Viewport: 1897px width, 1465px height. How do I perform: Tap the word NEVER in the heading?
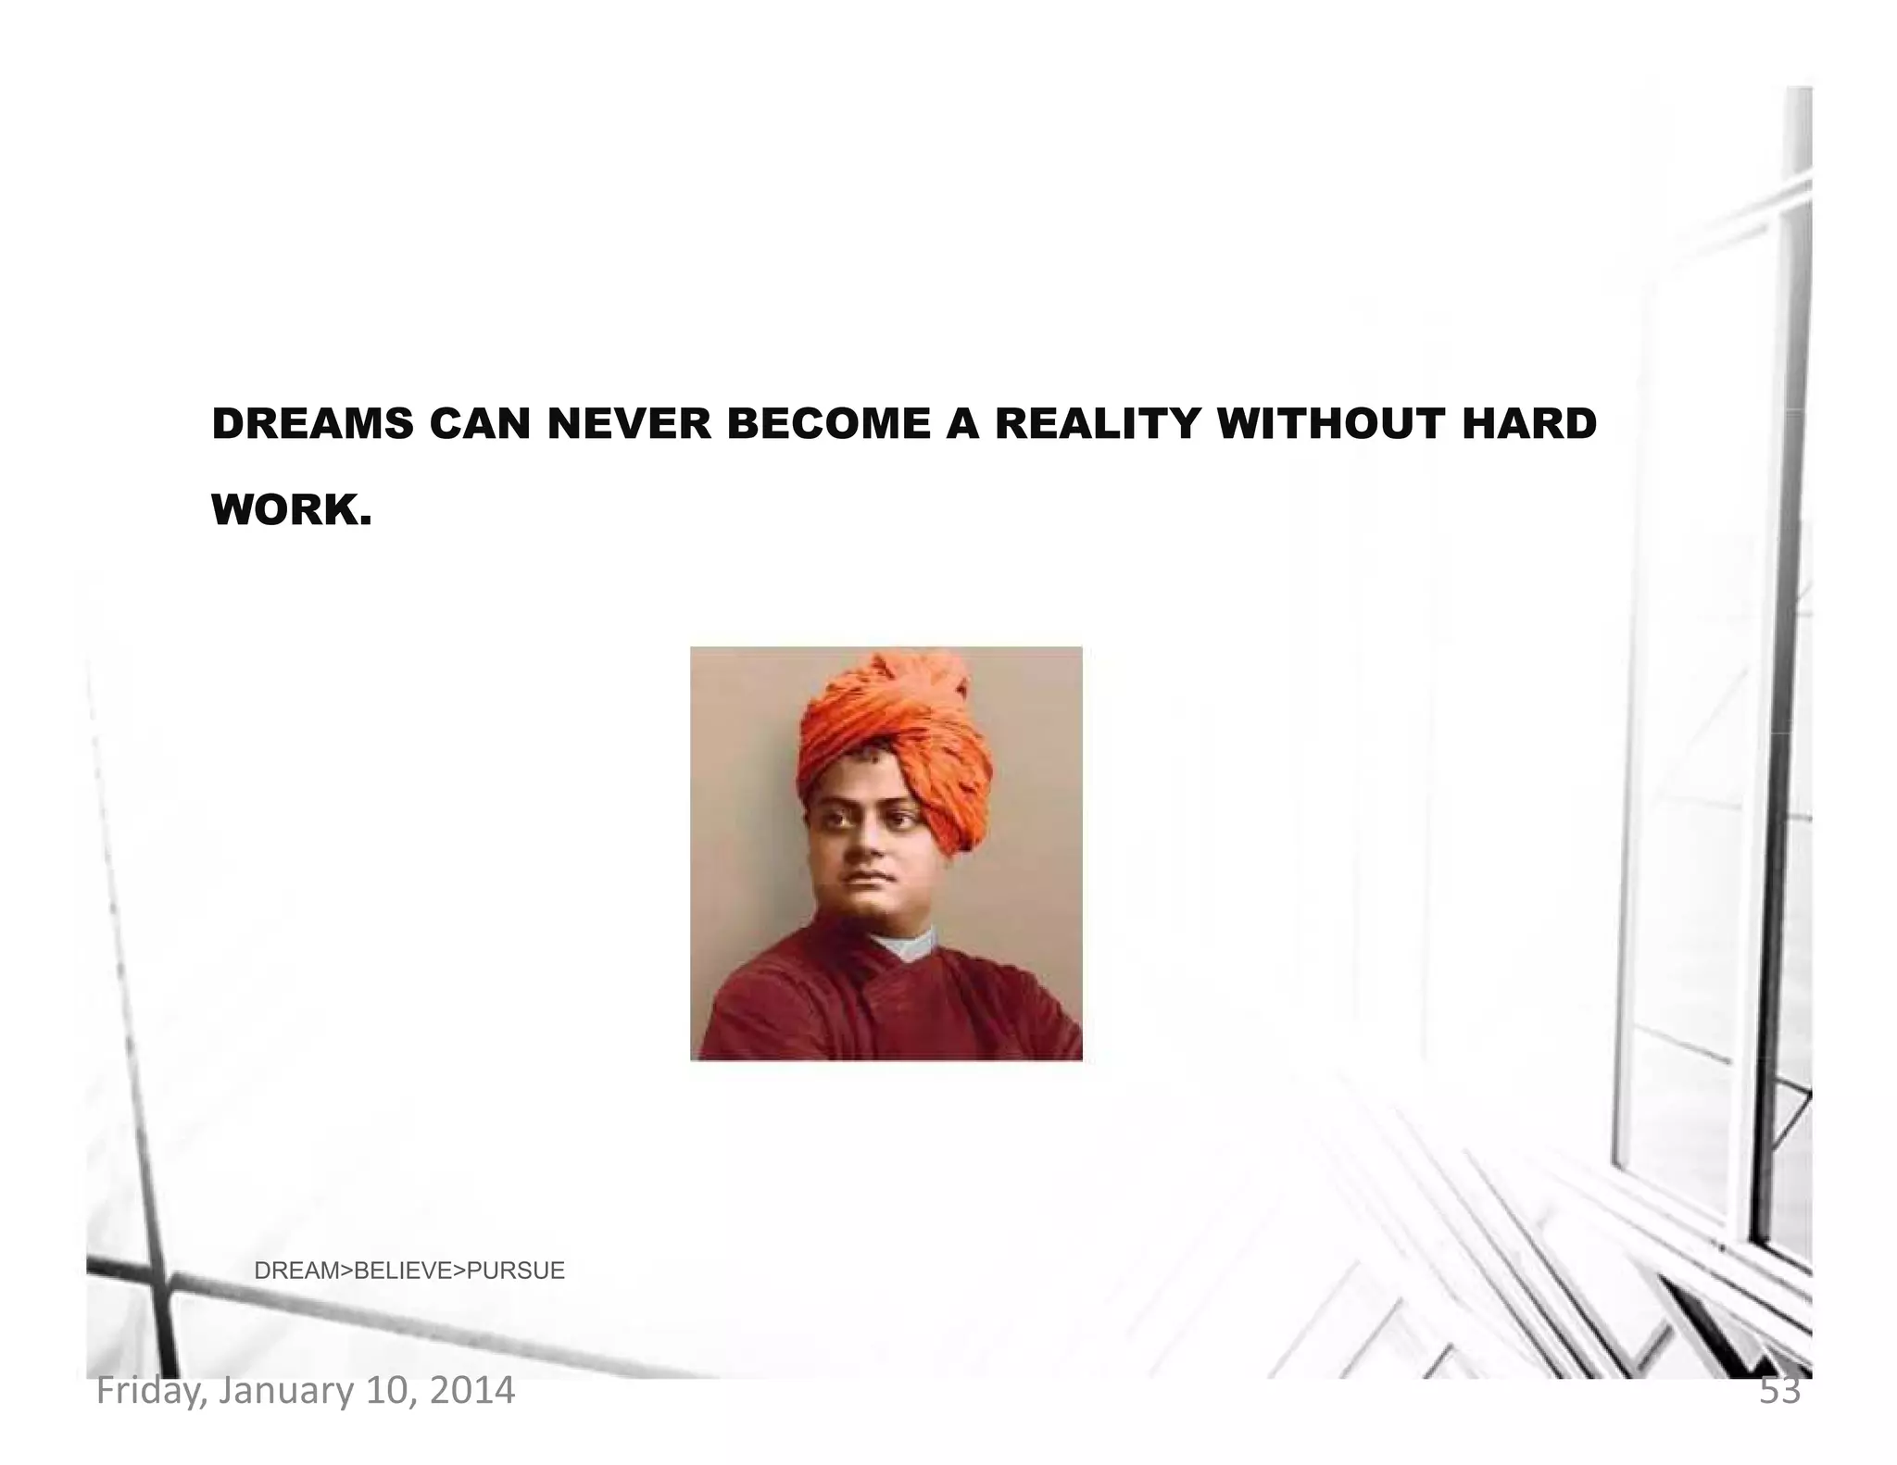coord(629,424)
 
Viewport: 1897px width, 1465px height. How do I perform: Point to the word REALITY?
coord(1096,424)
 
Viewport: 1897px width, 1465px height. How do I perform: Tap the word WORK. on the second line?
coord(292,509)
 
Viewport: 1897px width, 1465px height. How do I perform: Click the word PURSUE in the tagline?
coord(516,1271)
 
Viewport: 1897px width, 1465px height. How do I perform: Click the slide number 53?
coord(1779,1391)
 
